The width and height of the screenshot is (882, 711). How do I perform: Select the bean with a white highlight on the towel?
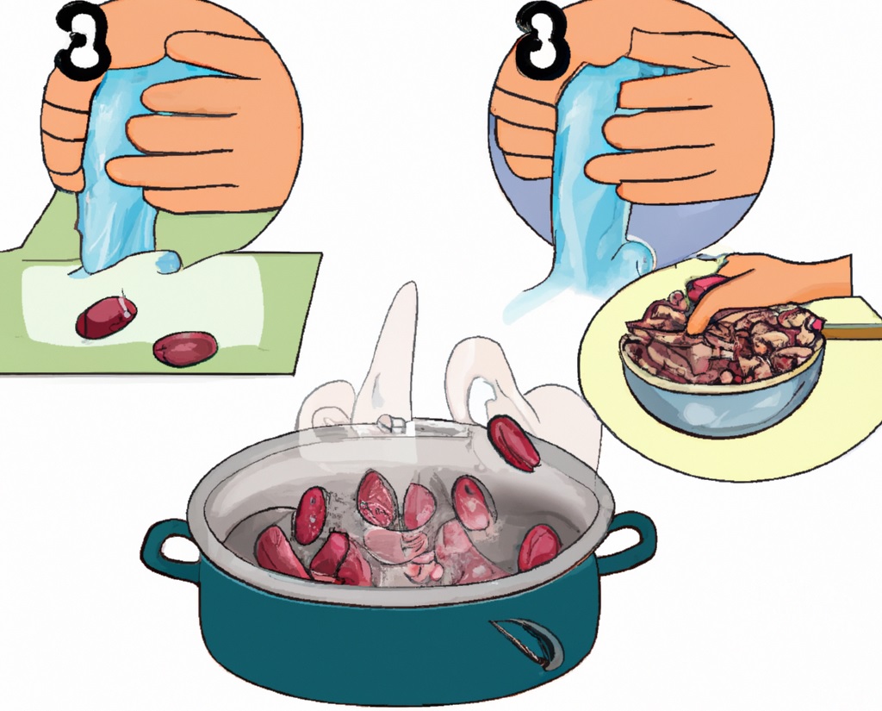coord(106,317)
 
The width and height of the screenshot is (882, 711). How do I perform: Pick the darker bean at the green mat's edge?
coord(185,348)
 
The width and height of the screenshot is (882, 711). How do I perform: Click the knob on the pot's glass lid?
coord(392,423)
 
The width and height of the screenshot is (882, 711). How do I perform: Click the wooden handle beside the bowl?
coord(852,331)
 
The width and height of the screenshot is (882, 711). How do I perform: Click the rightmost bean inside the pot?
coord(539,547)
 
